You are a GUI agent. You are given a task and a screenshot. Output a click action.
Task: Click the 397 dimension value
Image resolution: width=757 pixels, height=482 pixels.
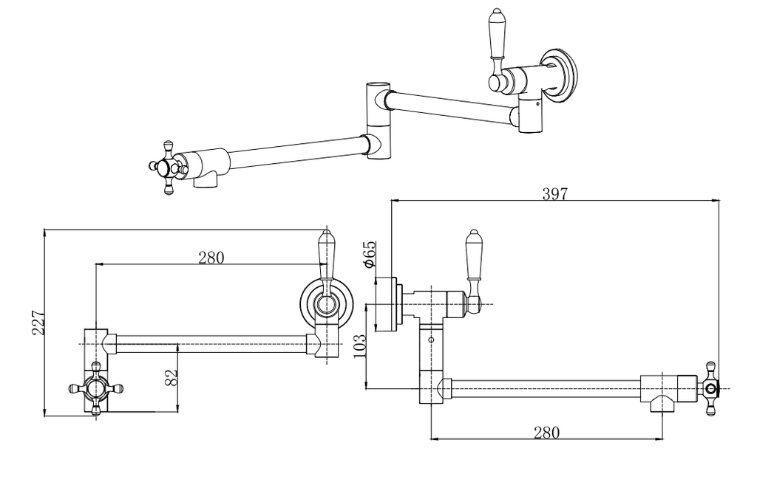pos(554,194)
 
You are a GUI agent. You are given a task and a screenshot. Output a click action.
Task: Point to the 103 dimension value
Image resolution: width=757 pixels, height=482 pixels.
pos(360,346)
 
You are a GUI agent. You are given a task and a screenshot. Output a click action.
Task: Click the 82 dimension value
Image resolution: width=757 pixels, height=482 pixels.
pos(172,377)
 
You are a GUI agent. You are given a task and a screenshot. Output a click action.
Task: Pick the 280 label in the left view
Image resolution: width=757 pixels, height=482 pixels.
pos(211,258)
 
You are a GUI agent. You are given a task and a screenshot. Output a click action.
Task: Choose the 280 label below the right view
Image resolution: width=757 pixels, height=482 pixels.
pos(546,433)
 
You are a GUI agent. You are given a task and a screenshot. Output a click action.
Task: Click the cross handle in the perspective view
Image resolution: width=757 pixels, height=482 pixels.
pos(168,168)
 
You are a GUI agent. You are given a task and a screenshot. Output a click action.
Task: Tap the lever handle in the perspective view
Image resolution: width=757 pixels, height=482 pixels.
pos(497,49)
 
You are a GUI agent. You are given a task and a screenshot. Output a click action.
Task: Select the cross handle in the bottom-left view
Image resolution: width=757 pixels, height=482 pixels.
pos(96,388)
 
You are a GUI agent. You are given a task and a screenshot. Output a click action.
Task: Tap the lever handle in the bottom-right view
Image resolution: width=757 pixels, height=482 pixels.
pos(474,270)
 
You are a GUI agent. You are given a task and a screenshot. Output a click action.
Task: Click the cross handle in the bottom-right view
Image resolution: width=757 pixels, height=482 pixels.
pos(711,388)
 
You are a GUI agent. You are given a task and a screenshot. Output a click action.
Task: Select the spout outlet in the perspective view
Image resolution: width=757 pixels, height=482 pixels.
pos(206,180)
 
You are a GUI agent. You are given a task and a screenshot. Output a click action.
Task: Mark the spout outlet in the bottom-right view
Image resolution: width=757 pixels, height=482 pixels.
pos(662,404)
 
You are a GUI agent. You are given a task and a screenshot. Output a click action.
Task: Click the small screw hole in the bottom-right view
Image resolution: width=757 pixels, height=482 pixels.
pos(431,340)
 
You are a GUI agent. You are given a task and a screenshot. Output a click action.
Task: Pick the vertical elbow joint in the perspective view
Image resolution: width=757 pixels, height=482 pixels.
pos(378,120)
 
